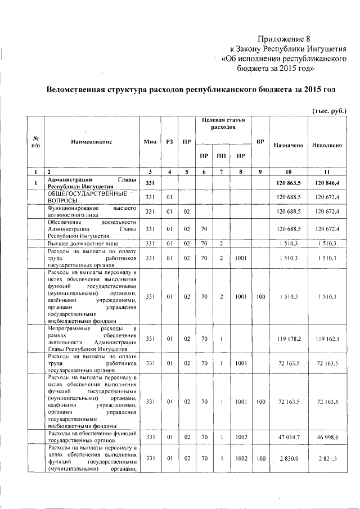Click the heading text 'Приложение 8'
283,39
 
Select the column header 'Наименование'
92,142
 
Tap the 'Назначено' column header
288,145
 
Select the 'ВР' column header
260,142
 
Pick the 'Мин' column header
150,142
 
